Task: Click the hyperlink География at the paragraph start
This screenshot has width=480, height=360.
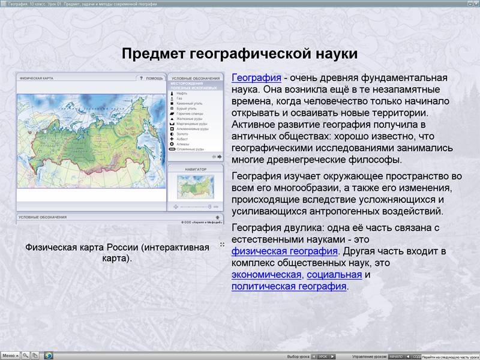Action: point(256,78)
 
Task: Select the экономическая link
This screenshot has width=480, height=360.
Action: point(266,275)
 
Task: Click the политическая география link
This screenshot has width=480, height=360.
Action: point(289,286)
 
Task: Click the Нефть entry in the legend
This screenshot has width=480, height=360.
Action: point(181,94)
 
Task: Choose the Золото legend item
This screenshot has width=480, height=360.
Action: point(182,134)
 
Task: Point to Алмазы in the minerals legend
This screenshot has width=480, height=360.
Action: point(182,144)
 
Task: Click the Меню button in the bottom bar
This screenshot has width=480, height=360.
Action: point(10,355)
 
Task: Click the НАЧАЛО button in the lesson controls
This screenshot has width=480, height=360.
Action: point(396,356)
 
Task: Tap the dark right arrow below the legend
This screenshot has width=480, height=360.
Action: point(220,157)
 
